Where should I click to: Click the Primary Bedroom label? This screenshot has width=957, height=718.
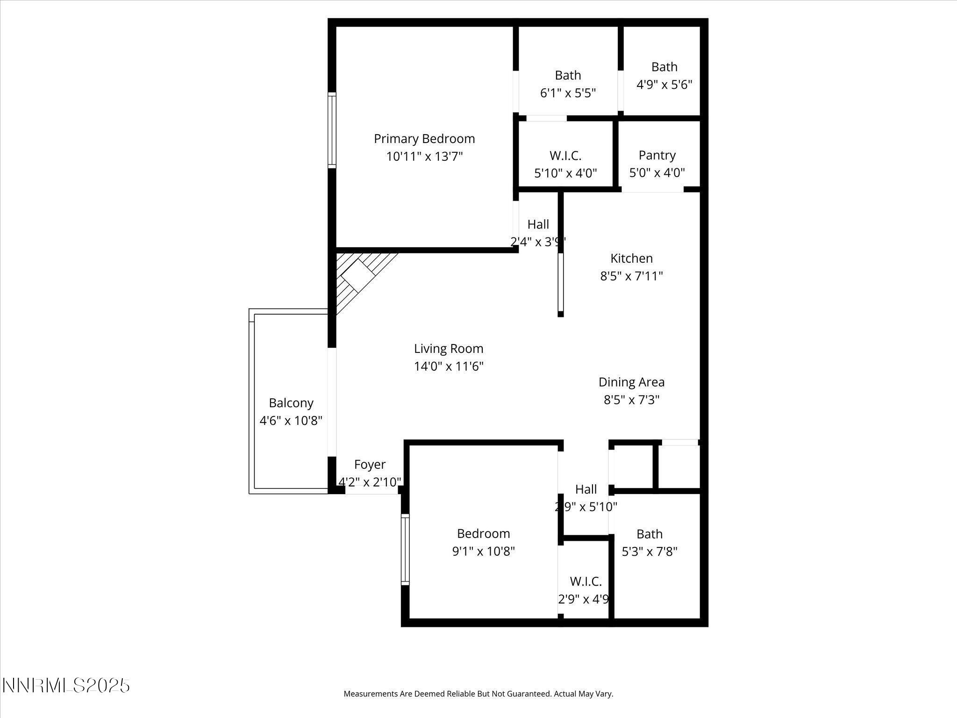(x=424, y=139)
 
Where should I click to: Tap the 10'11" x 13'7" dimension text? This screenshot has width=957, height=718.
(x=424, y=157)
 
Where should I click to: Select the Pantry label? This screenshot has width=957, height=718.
(x=657, y=155)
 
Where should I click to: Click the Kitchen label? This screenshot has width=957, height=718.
(x=631, y=258)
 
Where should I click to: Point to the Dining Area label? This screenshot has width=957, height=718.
(x=631, y=382)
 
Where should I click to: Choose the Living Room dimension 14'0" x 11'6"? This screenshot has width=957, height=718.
(x=448, y=366)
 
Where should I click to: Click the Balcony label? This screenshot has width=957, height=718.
(x=291, y=403)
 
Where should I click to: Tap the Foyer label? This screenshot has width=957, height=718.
(x=369, y=465)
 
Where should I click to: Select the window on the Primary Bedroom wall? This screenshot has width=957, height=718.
(x=332, y=130)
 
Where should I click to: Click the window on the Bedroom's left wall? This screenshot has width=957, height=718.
(x=405, y=549)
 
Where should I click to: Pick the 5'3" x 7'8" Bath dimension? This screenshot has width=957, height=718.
(x=649, y=552)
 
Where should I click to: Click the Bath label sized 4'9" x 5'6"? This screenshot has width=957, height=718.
(x=664, y=67)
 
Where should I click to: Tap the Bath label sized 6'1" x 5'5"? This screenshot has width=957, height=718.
(x=568, y=75)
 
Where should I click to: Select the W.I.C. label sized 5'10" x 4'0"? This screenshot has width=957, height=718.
(x=565, y=156)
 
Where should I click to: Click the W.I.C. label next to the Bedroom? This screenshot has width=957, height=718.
(x=585, y=582)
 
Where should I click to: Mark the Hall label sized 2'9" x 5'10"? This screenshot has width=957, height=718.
(x=586, y=489)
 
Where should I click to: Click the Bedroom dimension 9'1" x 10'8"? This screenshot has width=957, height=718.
(x=483, y=552)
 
